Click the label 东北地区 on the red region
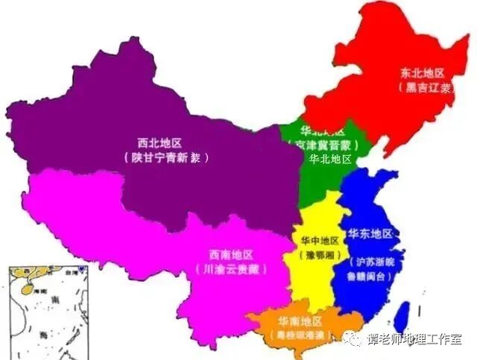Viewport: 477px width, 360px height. point(423,73)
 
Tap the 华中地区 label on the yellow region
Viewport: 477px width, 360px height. point(319,241)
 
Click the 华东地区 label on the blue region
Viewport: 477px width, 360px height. point(370,233)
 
